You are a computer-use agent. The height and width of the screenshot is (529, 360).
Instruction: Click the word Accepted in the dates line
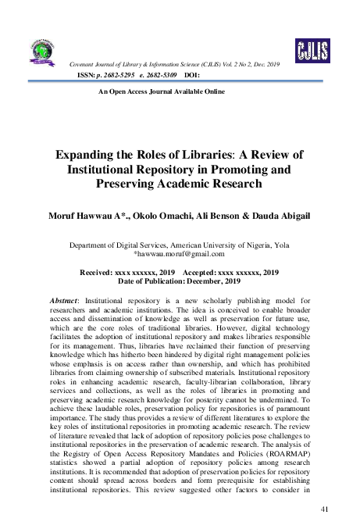point(204,272)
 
